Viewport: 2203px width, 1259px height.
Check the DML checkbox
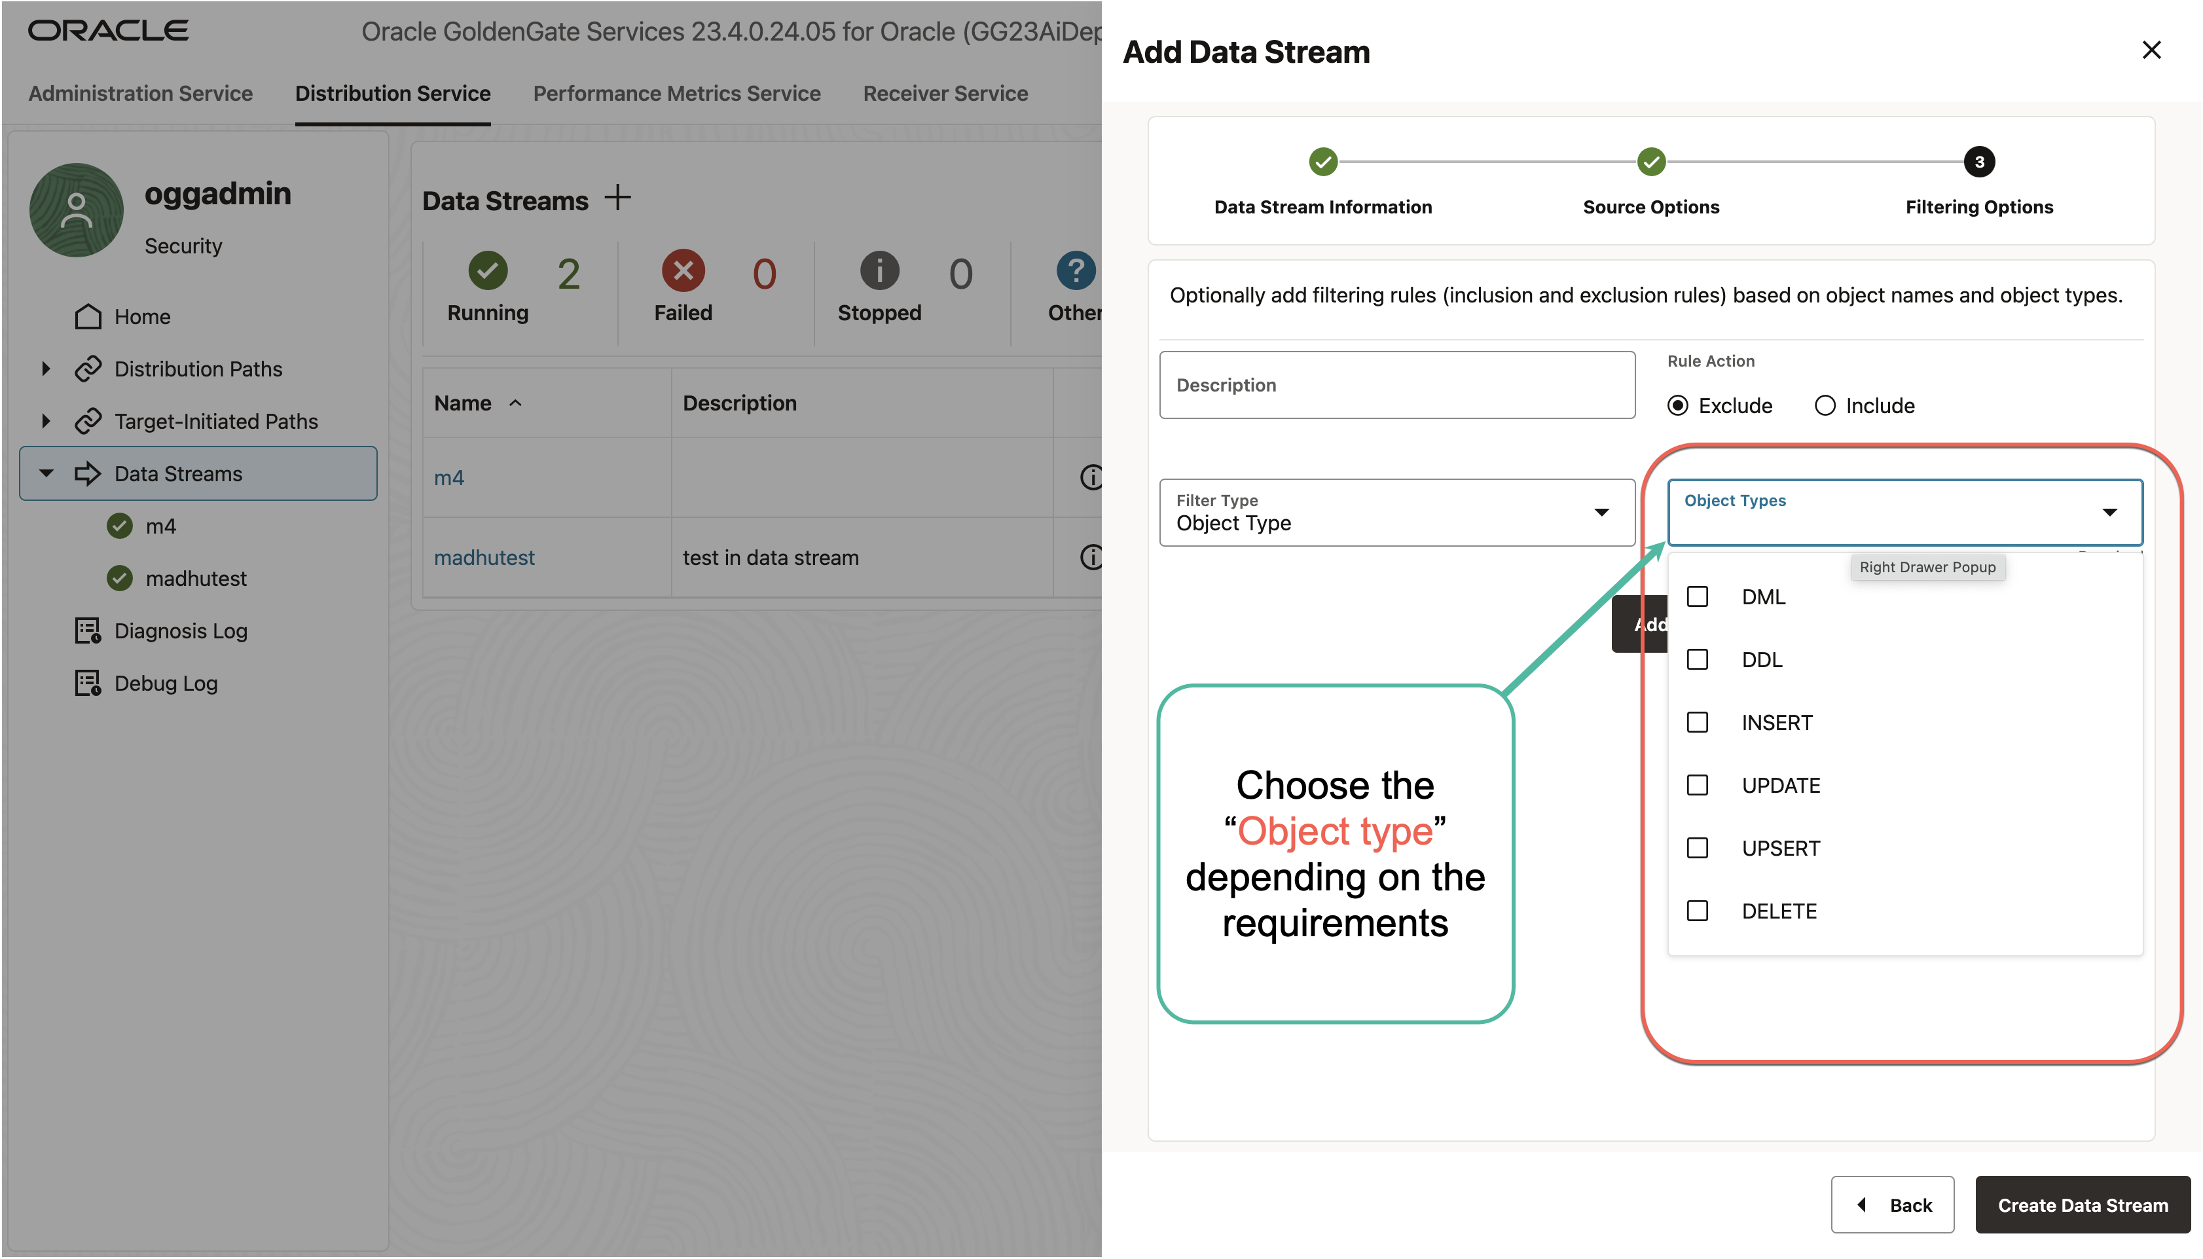point(1697,596)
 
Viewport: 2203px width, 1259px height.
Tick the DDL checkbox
point(1697,660)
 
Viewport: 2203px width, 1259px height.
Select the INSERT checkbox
point(1697,722)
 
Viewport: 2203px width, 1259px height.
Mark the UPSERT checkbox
point(1697,848)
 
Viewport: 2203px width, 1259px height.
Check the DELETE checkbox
point(1697,911)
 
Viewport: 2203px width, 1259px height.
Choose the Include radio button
point(1825,405)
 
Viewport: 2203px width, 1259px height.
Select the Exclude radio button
point(1677,405)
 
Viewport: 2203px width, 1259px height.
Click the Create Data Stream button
point(2082,1205)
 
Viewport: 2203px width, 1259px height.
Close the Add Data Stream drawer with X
point(2151,50)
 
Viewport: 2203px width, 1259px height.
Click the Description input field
point(1396,385)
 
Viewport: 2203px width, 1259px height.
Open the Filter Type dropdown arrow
point(1601,513)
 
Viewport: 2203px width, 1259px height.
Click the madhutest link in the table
point(484,558)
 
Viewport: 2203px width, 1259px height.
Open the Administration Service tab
point(141,94)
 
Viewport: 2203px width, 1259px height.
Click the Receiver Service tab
point(945,94)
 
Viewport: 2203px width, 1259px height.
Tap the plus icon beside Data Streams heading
point(617,198)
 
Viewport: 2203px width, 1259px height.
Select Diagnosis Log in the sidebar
point(181,631)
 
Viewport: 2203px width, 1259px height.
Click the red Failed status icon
point(683,272)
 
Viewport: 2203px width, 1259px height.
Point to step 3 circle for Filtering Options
point(1979,162)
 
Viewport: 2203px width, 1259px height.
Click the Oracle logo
point(108,31)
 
